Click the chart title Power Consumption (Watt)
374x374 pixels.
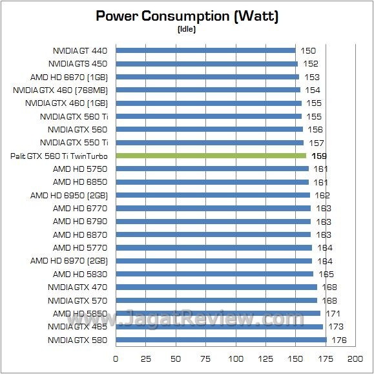click(x=187, y=16)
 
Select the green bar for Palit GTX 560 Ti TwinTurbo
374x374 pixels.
click(x=211, y=156)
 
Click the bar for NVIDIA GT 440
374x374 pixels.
click(x=205, y=50)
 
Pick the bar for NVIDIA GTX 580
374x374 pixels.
click(x=221, y=340)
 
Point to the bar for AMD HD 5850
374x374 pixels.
click(x=218, y=313)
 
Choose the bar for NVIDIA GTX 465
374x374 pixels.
click(x=219, y=327)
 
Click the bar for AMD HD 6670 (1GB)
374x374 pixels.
click(x=207, y=77)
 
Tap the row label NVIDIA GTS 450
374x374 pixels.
click(x=78, y=63)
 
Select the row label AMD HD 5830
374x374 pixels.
click(x=81, y=274)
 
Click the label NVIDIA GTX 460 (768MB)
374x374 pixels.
click(x=61, y=90)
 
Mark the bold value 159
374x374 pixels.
click(x=319, y=156)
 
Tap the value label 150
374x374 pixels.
click(x=309, y=50)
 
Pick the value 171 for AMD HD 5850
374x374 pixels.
click(x=333, y=313)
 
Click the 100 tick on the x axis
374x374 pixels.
click(x=235, y=358)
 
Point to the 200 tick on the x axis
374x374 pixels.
click(x=355, y=358)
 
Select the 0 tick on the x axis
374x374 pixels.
click(x=116, y=358)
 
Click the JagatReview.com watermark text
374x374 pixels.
click(x=207, y=318)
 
